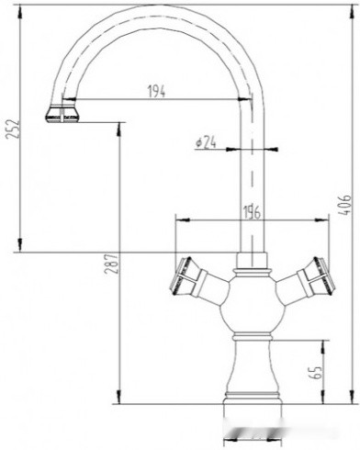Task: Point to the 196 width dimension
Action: point(253,212)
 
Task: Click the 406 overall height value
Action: point(346,205)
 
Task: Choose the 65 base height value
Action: point(316,374)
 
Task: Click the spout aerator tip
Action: point(62,115)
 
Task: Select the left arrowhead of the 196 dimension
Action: point(178,220)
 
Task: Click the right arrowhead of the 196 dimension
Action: point(326,220)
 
